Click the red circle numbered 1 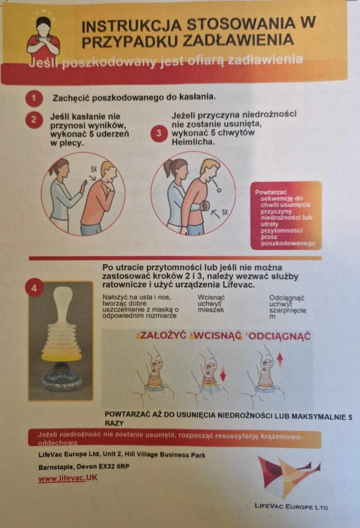34,98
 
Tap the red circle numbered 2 34,120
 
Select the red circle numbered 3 159,134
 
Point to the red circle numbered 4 35,289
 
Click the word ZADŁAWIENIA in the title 238,40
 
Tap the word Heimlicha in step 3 193,142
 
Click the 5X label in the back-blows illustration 94,169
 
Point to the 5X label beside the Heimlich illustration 225,212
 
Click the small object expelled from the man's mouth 219,190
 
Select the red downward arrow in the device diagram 223,373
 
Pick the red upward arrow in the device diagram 280,360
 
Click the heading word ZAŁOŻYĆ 163,335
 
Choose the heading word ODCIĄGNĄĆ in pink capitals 280,336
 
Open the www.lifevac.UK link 68,478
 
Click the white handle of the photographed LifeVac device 62,304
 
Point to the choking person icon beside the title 44,36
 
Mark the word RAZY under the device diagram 114,423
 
